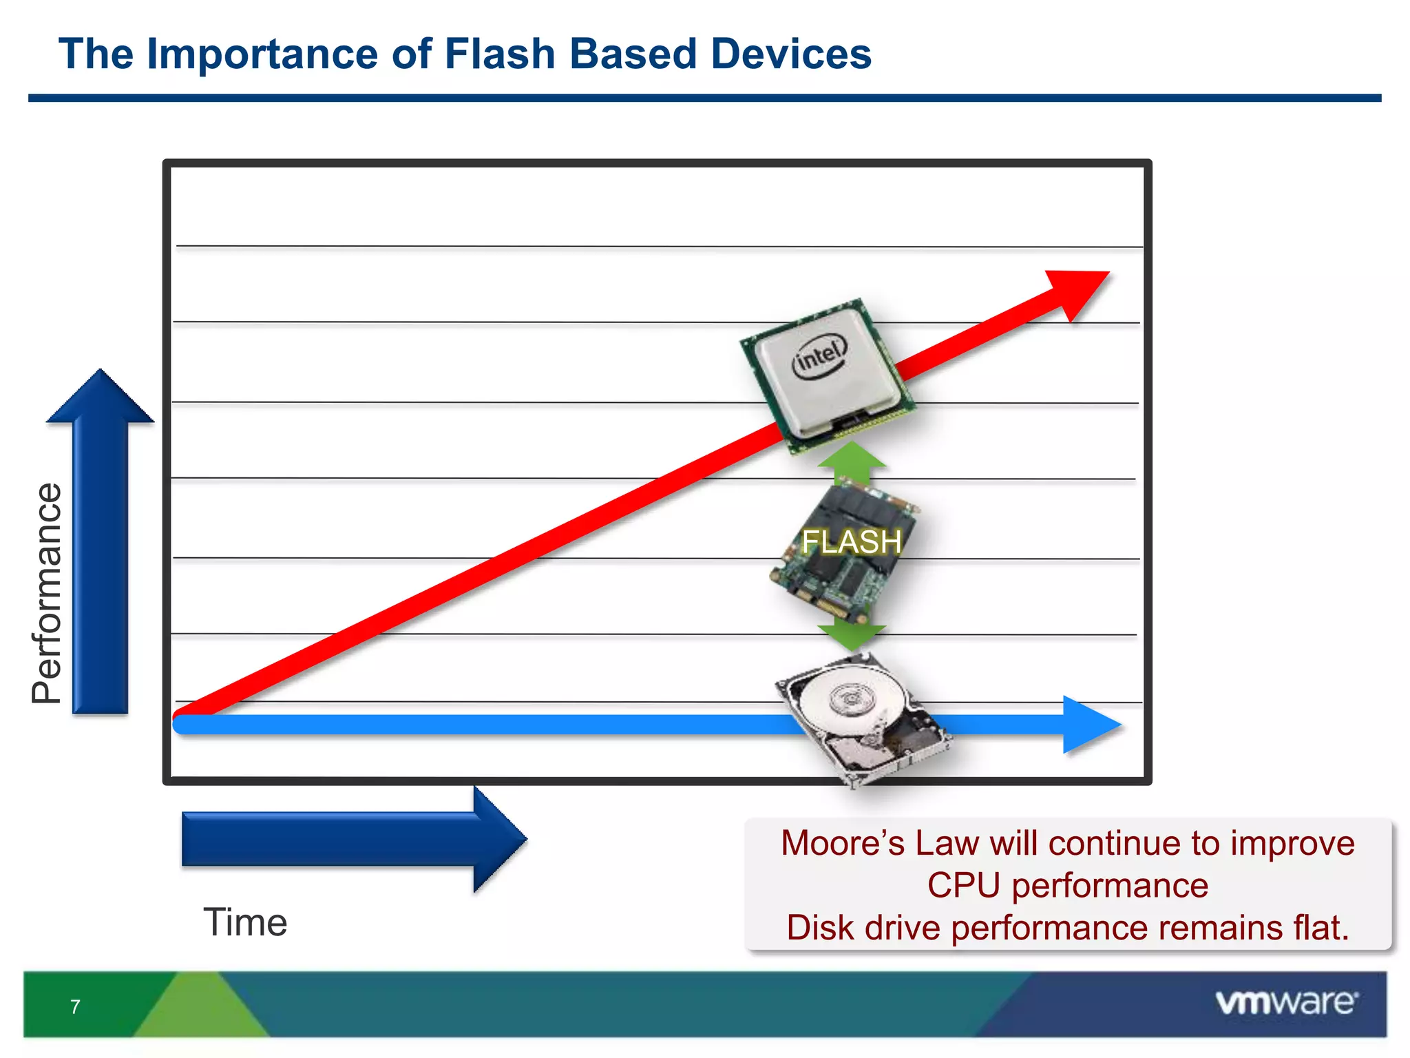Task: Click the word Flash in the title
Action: (x=500, y=54)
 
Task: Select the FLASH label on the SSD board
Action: (x=851, y=542)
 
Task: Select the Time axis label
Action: (x=245, y=922)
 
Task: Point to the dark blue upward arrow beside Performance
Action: (x=101, y=544)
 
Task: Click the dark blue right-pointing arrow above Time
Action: (x=351, y=839)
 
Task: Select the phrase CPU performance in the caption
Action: (x=1067, y=885)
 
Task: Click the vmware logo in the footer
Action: (x=1285, y=1002)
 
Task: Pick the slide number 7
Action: (x=75, y=1007)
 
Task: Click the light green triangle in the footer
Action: (x=201, y=1009)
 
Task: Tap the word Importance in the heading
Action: (x=262, y=54)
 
